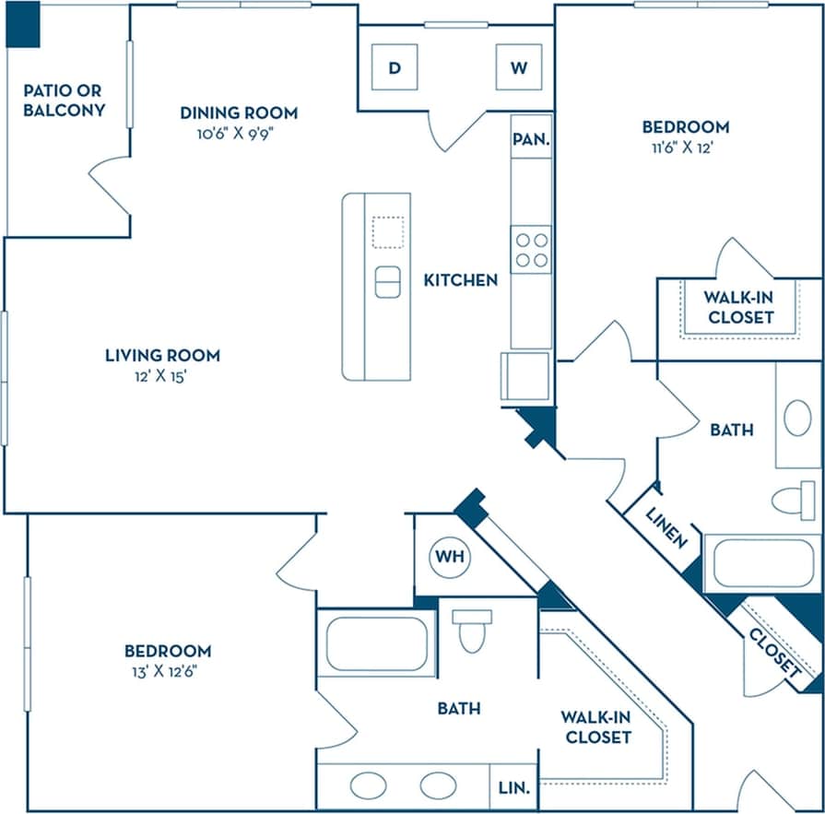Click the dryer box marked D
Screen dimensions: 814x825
click(395, 67)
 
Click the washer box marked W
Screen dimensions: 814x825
click(519, 67)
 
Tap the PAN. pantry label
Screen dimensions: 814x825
click(531, 141)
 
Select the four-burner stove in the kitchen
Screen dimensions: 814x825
click(531, 249)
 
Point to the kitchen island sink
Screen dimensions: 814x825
click(388, 281)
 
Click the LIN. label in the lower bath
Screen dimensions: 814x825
click(513, 788)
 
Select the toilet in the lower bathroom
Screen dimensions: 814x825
click(472, 630)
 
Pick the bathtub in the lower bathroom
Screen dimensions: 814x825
click(377, 643)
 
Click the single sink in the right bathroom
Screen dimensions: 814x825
click(797, 418)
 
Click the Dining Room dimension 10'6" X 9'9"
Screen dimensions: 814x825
click(239, 133)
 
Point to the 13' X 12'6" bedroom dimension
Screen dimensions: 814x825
click(167, 671)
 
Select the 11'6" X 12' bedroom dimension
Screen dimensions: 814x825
click(685, 147)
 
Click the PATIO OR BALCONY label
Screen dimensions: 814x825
click(64, 100)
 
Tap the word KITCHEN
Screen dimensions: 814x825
click(460, 280)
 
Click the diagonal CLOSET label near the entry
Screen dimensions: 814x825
click(772, 653)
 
